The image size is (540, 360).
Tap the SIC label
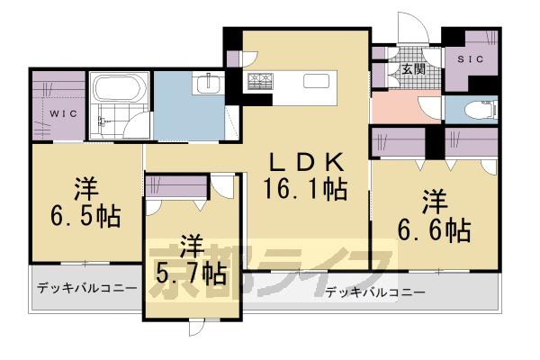(471, 59)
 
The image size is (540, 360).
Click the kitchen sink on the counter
(316, 81)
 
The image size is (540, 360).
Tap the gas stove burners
(261, 81)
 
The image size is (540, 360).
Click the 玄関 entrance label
(412, 69)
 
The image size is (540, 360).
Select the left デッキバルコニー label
(87, 288)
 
